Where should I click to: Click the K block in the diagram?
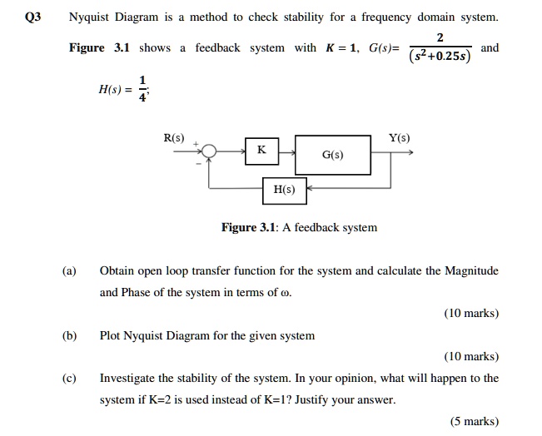point(261,151)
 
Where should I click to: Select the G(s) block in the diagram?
point(332,154)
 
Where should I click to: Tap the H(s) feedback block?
point(285,190)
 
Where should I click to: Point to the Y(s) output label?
point(399,137)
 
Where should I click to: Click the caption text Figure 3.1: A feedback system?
point(299,227)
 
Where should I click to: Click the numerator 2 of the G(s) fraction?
point(440,37)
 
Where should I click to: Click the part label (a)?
point(68,270)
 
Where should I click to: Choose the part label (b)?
point(68,335)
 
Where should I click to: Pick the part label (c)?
point(68,378)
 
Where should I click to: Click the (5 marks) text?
point(474,421)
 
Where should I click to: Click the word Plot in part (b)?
point(111,335)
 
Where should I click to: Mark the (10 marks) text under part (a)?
point(471,314)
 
